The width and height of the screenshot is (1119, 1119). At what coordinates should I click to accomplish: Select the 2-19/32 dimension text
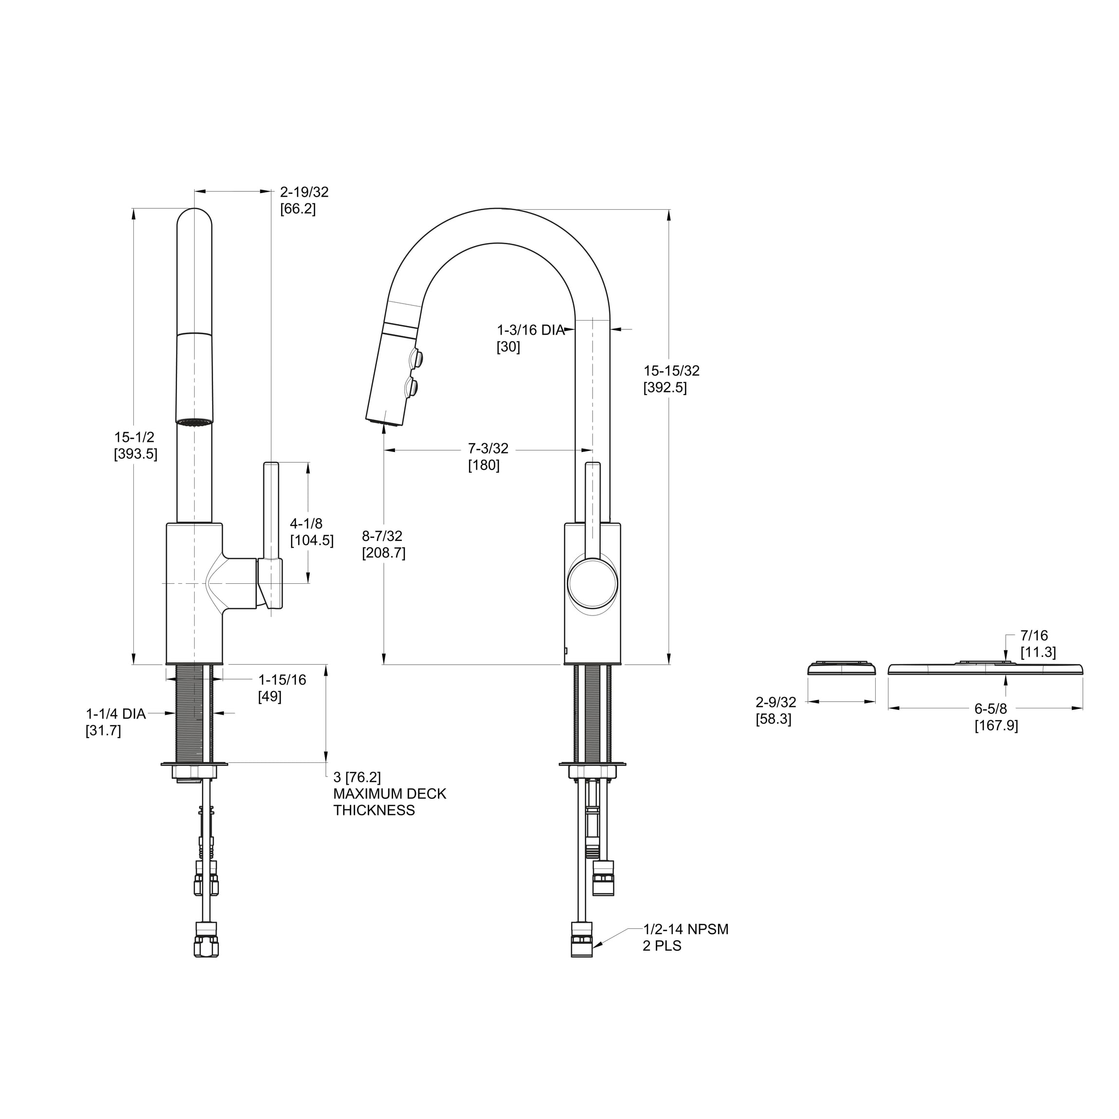tap(304, 200)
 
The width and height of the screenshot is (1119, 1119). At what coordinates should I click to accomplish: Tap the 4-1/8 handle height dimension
tap(311, 532)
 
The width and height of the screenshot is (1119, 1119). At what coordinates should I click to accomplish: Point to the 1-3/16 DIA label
tap(530, 338)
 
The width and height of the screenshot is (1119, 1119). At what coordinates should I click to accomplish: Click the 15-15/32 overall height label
tap(671, 379)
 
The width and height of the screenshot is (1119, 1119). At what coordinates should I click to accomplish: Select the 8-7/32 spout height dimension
tap(383, 544)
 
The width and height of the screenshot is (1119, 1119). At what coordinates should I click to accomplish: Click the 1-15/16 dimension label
tap(282, 687)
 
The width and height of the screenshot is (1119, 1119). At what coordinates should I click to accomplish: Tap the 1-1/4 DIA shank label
tap(115, 722)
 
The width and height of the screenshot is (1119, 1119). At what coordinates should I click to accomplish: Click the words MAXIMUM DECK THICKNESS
tap(389, 802)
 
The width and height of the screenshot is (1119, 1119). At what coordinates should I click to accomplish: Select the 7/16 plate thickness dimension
tap(1037, 644)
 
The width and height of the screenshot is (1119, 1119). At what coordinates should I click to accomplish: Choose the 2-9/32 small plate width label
tap(775, 710)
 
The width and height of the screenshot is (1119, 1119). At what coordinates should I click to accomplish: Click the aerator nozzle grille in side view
tap(194, 421)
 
